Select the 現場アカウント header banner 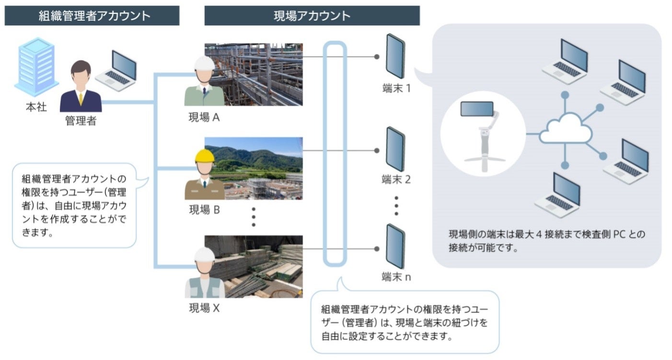pyautogui.click(x=312, y=15)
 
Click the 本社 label pyautogui.click(x=36, y=107)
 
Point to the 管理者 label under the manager pyautogui.click(x=81, y=121)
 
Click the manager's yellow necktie pyautogui.click(x=81, y=98)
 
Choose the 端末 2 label pyautogui.click(x=396, y=180)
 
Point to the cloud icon pyautogui.click(x=565, y=128)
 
